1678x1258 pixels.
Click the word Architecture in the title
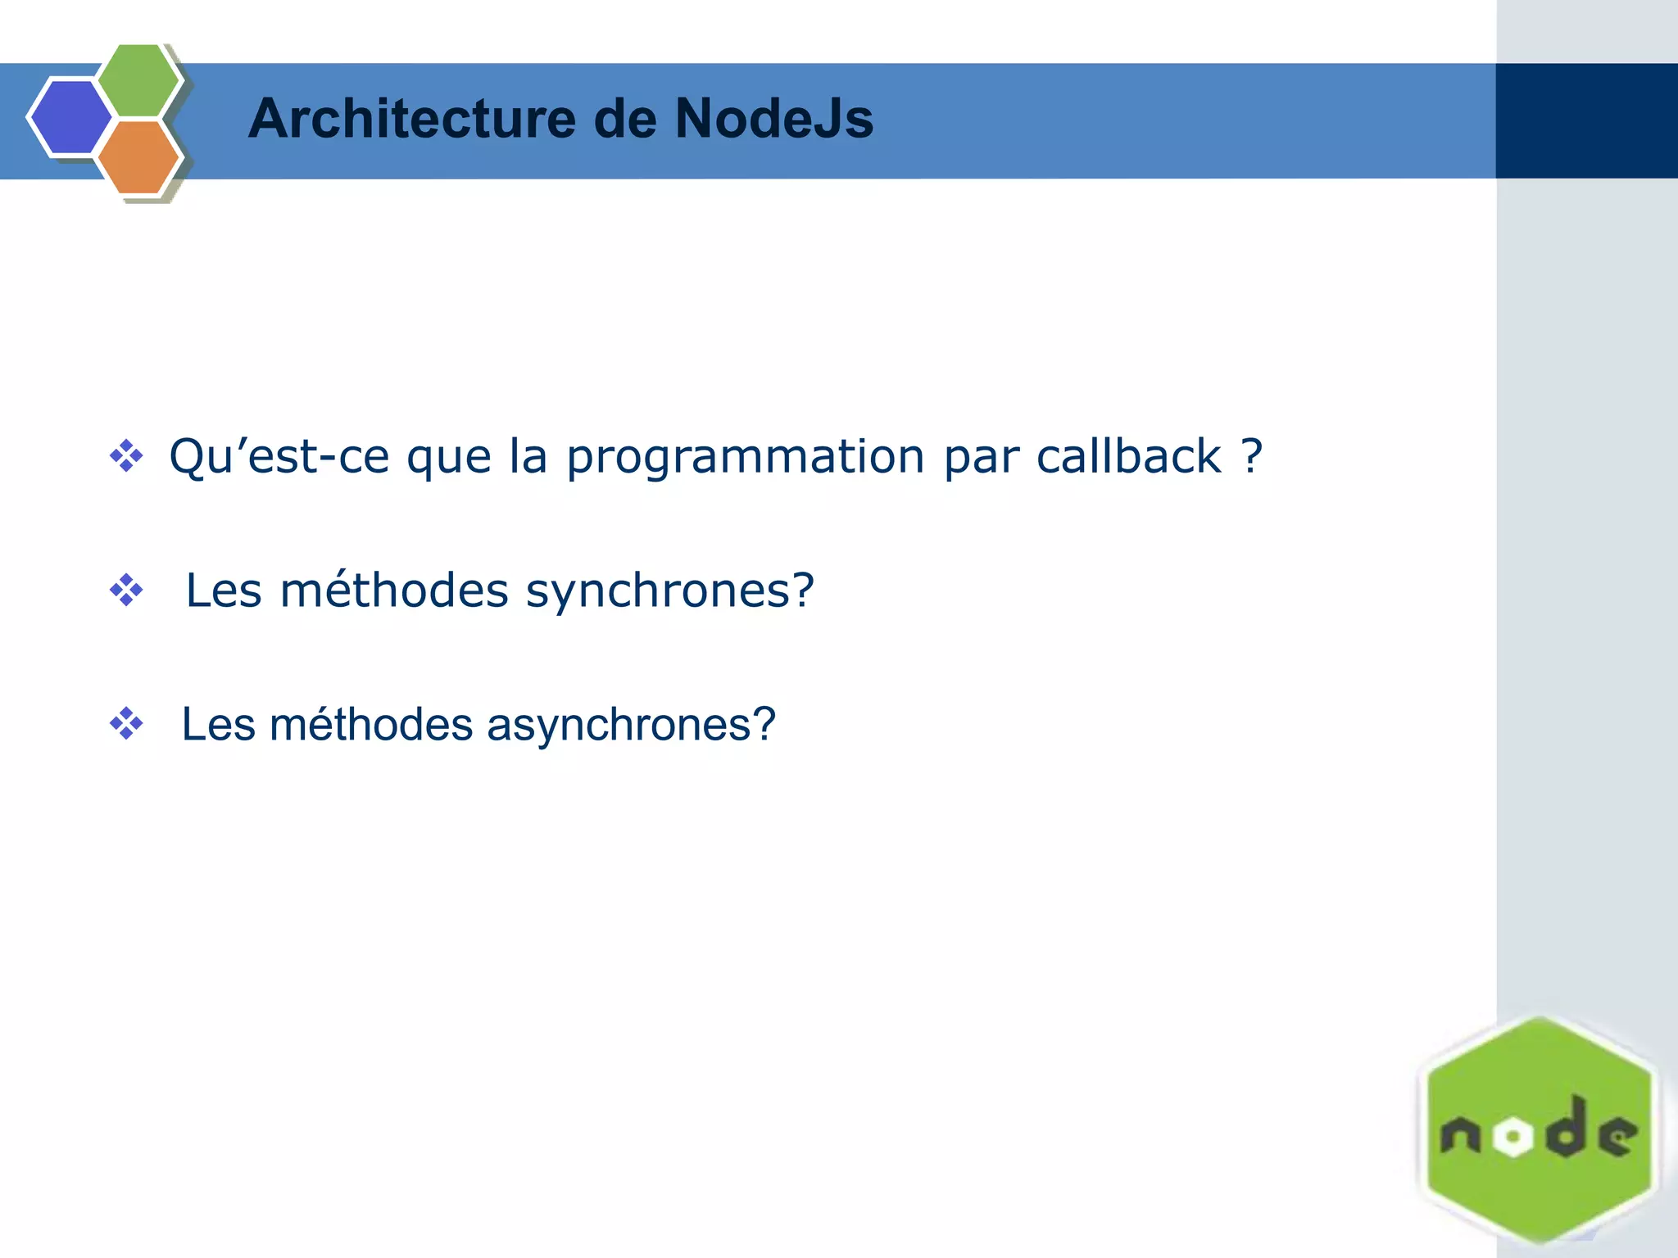tap(411, 119)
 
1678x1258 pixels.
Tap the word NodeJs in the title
tap(773, 119)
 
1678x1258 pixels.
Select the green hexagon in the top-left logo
tap(138, 80)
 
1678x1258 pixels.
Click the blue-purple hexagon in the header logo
tap(70, 117)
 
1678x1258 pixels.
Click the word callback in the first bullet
tap(1128, 456)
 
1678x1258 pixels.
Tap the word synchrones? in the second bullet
tap(669, 591)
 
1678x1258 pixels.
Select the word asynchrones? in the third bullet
tap(631, 725)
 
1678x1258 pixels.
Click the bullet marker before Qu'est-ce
tap(126, 456)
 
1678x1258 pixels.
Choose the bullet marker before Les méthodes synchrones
tap(126, 591)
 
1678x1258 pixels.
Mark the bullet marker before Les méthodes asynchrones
tap(126, 724)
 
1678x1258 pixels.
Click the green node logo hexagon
tap(1539, 1065)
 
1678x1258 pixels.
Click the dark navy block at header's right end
tap(1586, 120)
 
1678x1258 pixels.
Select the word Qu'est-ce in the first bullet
tap(279, 456)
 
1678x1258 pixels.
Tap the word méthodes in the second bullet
tap(394, 591)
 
